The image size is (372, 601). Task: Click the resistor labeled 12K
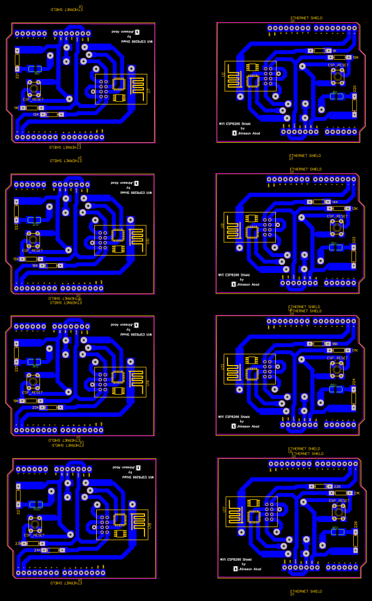[52, 114]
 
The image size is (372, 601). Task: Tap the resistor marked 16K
[52, 266]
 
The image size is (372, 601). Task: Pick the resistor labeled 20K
[52, 407]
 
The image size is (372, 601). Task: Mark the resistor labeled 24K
[53, 550]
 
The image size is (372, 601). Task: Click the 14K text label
[335, 202]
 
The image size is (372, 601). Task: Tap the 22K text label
[337, 487]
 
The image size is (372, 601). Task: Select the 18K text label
[335, 344]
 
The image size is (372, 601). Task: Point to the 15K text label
[16, 259]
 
